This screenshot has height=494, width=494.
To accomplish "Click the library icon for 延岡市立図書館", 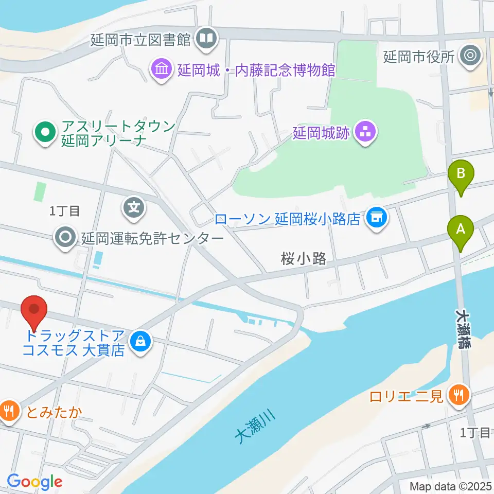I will tap(207, 39).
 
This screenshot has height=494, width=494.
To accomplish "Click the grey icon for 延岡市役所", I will tap(470, 55).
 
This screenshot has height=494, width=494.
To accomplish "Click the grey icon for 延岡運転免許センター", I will tap(66, 238).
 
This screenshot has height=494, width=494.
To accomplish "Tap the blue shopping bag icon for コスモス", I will tap(139, 341).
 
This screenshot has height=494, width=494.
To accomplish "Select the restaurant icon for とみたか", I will tap(9, 411).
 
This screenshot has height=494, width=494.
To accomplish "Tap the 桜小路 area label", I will tap(304, 259).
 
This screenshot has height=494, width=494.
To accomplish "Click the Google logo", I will tap(34, 481).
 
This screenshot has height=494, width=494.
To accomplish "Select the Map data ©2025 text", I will tap(451, 486).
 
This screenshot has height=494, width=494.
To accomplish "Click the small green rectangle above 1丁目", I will tap(40, 191).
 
